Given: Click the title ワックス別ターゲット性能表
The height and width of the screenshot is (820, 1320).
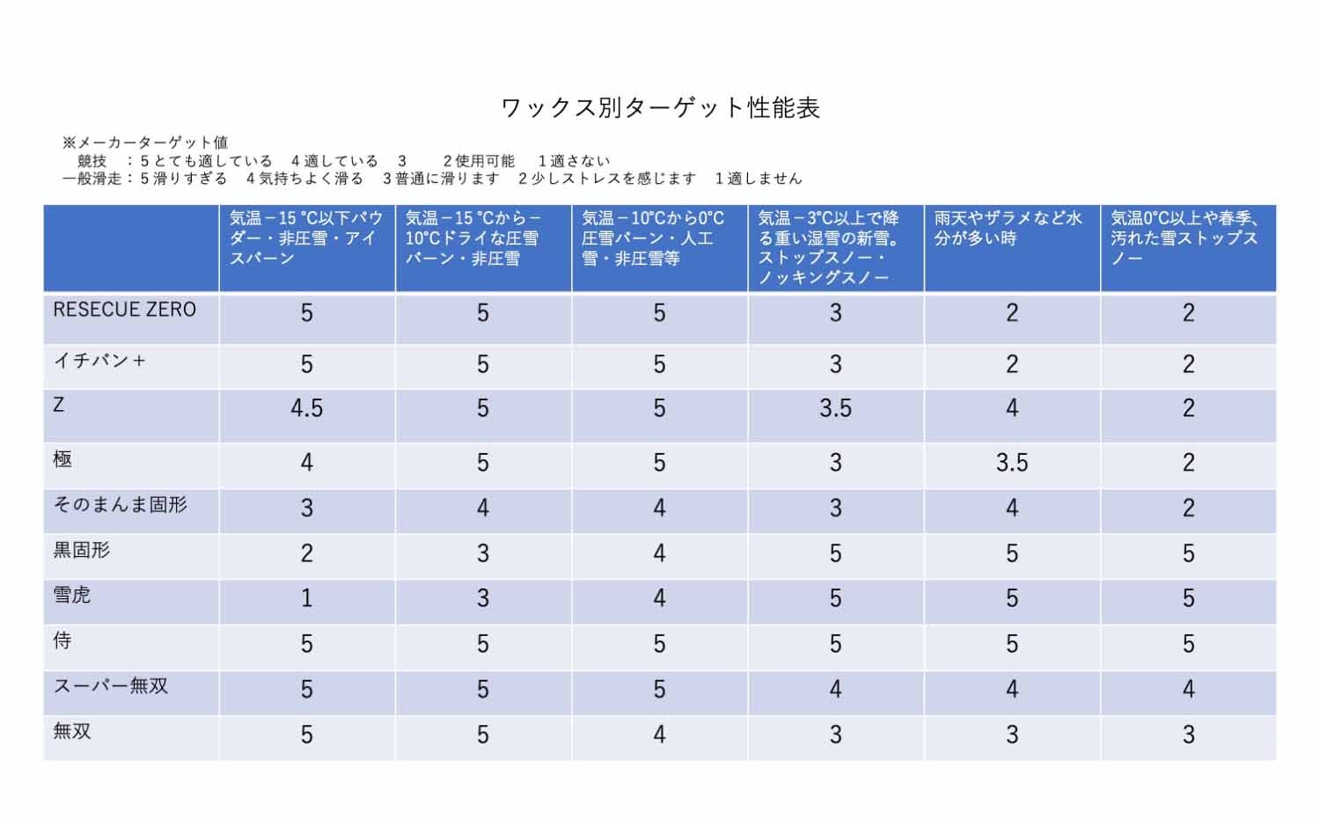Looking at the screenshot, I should coord(660,107).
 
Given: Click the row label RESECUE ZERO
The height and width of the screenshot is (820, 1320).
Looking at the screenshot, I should coord(124,310).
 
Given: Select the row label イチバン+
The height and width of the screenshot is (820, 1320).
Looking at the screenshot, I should coord(99,360).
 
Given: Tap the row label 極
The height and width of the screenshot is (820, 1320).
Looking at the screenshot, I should coord(62,458).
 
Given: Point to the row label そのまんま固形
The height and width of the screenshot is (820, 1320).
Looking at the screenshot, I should coord(120,505).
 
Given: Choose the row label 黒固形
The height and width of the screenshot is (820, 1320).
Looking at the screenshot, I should coord(81,550).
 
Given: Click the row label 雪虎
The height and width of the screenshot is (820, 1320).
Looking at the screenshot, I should coord(72,596).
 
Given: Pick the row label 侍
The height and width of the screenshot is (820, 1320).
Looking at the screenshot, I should coord(62,641).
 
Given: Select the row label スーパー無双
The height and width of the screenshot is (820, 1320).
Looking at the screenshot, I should coord(110,686).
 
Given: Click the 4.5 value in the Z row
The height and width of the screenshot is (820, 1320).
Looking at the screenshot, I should coord(306,408).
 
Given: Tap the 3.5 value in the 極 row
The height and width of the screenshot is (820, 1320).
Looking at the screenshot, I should coord(1011,463).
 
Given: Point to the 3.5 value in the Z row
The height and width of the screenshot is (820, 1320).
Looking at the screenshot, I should coord(835,408).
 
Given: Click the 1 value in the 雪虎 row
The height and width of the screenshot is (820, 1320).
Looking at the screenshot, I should coord(306,598).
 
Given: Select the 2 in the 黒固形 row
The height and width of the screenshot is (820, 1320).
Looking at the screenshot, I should coord(306,553).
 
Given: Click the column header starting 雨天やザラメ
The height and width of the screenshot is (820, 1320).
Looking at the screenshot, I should coord(1008,228).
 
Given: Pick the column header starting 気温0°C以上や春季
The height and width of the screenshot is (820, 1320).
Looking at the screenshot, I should coord(1184,238).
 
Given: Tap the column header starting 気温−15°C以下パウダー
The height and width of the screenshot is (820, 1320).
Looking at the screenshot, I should coord(305,238).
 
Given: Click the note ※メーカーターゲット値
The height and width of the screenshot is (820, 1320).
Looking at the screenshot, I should coord(145,143).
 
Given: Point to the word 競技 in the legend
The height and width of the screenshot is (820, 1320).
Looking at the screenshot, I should coord(92,161).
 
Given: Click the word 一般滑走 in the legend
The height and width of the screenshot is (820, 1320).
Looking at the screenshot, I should coord(92,179).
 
